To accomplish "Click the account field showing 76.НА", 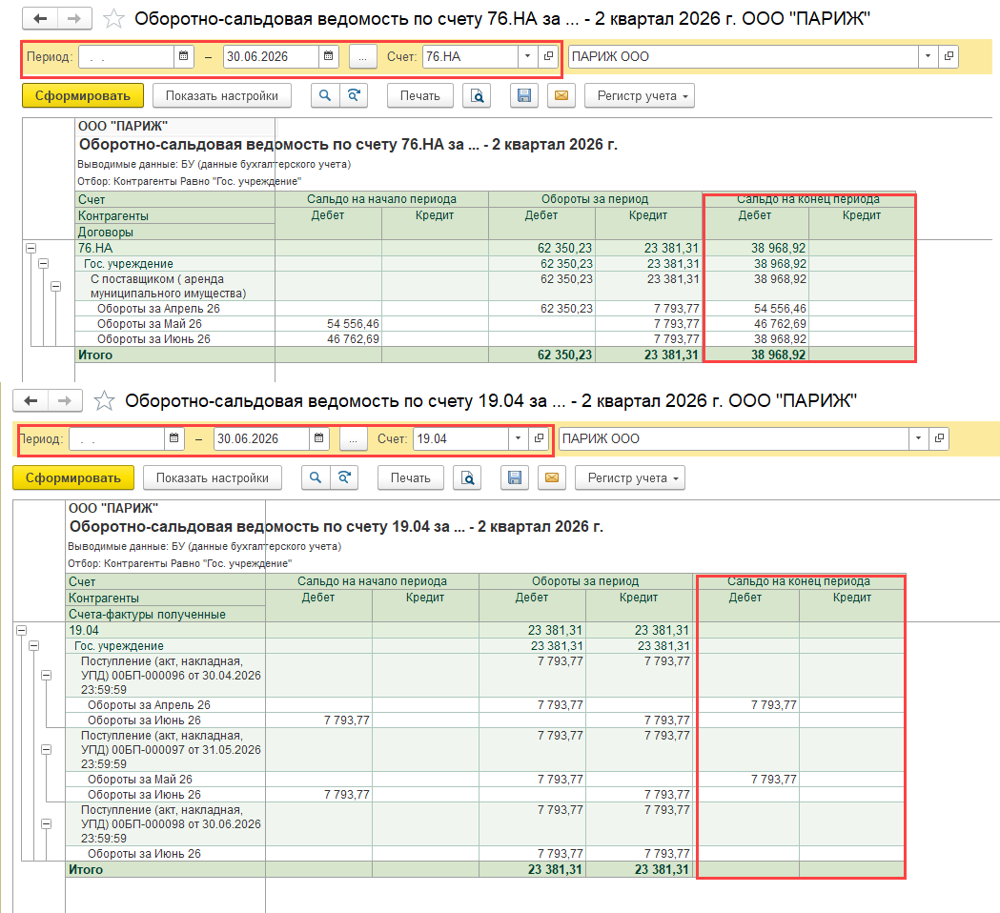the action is [471, 57].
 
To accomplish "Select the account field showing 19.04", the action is [461, 438].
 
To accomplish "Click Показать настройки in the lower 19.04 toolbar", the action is [213, 478].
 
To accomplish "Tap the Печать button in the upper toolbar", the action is [419, 95].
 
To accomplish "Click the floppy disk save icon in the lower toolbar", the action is [515, 478].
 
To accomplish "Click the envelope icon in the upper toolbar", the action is [561, 95].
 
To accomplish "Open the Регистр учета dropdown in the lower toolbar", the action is [630, 478].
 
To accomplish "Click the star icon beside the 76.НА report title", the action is [113, 18].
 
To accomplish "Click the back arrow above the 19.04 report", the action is [31, 400].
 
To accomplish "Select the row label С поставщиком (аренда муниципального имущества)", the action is [169, 286].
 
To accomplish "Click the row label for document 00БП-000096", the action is [171, 675].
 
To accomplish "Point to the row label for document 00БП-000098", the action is [171, 823].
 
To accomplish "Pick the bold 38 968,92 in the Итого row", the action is [778, 355].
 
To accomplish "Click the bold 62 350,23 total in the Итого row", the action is [564, 355].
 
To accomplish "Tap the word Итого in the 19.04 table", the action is [86, 870].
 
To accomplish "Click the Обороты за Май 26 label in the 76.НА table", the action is [150, 324].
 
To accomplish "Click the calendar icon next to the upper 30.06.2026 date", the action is [329, 56].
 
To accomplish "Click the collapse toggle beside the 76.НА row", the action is [31, 248].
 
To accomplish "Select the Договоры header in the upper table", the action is [105, 233].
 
